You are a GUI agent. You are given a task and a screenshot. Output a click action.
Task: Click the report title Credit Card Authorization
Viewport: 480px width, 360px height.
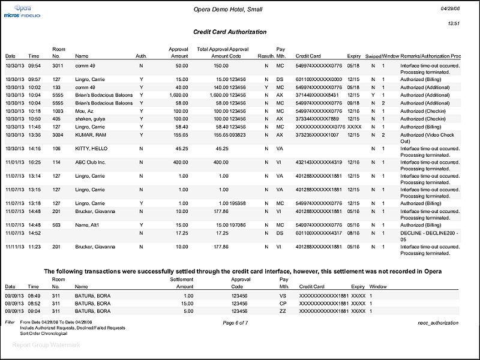(230, 31)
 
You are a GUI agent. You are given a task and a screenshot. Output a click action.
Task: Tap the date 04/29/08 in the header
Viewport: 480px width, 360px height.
(450, 8)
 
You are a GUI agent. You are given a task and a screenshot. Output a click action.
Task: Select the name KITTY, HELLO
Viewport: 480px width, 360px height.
(88, 148)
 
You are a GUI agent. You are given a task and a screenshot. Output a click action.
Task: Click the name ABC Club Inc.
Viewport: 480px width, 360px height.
(91, 162)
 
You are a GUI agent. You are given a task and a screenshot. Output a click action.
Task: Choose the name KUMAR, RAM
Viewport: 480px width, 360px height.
(89, 135)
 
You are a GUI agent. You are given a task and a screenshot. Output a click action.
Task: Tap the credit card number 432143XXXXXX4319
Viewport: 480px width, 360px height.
(319, 162)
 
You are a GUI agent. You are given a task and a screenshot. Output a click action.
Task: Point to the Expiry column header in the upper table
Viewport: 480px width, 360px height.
(353, 56)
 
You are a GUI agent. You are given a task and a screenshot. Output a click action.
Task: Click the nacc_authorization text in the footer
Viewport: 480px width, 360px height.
(440, 323)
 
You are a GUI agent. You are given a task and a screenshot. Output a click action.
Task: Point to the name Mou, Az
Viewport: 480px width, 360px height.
(84, 111)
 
